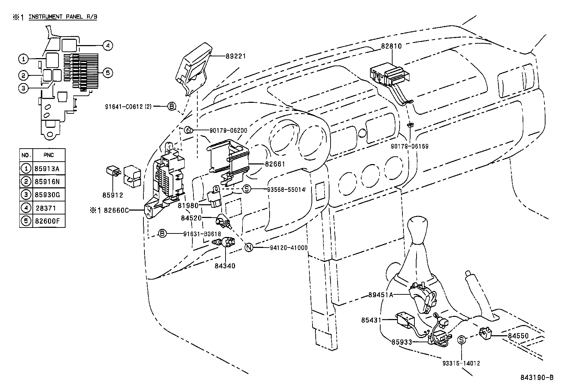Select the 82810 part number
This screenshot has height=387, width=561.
click(391, 46)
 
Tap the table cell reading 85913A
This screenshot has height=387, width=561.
click(47, 168)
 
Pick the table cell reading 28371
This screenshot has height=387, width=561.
click(45, 208)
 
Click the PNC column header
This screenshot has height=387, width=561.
click(49, 155)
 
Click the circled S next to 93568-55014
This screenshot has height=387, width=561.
click(247, 189)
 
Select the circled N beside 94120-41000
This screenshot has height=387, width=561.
click(249, 248)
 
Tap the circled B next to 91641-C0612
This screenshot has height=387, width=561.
click(171, 106)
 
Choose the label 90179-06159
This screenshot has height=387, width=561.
click(410, 146)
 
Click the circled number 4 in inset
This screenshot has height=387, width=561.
click(108, 45)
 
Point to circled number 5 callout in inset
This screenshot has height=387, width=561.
click(108, 73)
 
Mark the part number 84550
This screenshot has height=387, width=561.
click(518, 336)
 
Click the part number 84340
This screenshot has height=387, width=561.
click(225, 266)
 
